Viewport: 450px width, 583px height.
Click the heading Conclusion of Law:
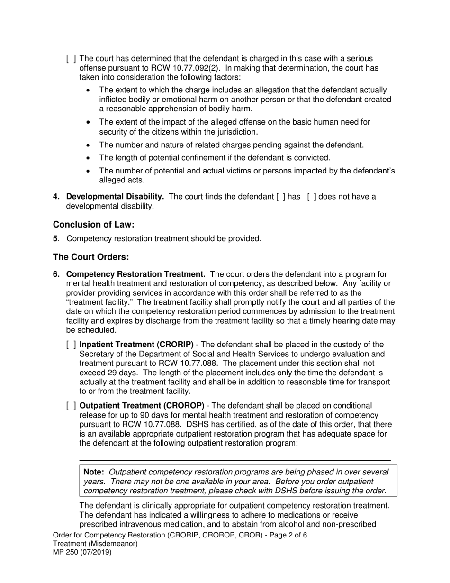pos(90,225)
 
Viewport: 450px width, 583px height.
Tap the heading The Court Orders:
pos(91,257)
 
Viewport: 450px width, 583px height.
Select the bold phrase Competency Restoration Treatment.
pos(135,274)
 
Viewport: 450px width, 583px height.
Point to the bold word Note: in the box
pos(94,472)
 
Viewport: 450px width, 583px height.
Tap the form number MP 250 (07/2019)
pos(82,552)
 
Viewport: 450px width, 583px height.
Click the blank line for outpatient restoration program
pos(234,460)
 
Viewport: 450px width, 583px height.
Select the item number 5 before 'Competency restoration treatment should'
pos(55,239)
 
